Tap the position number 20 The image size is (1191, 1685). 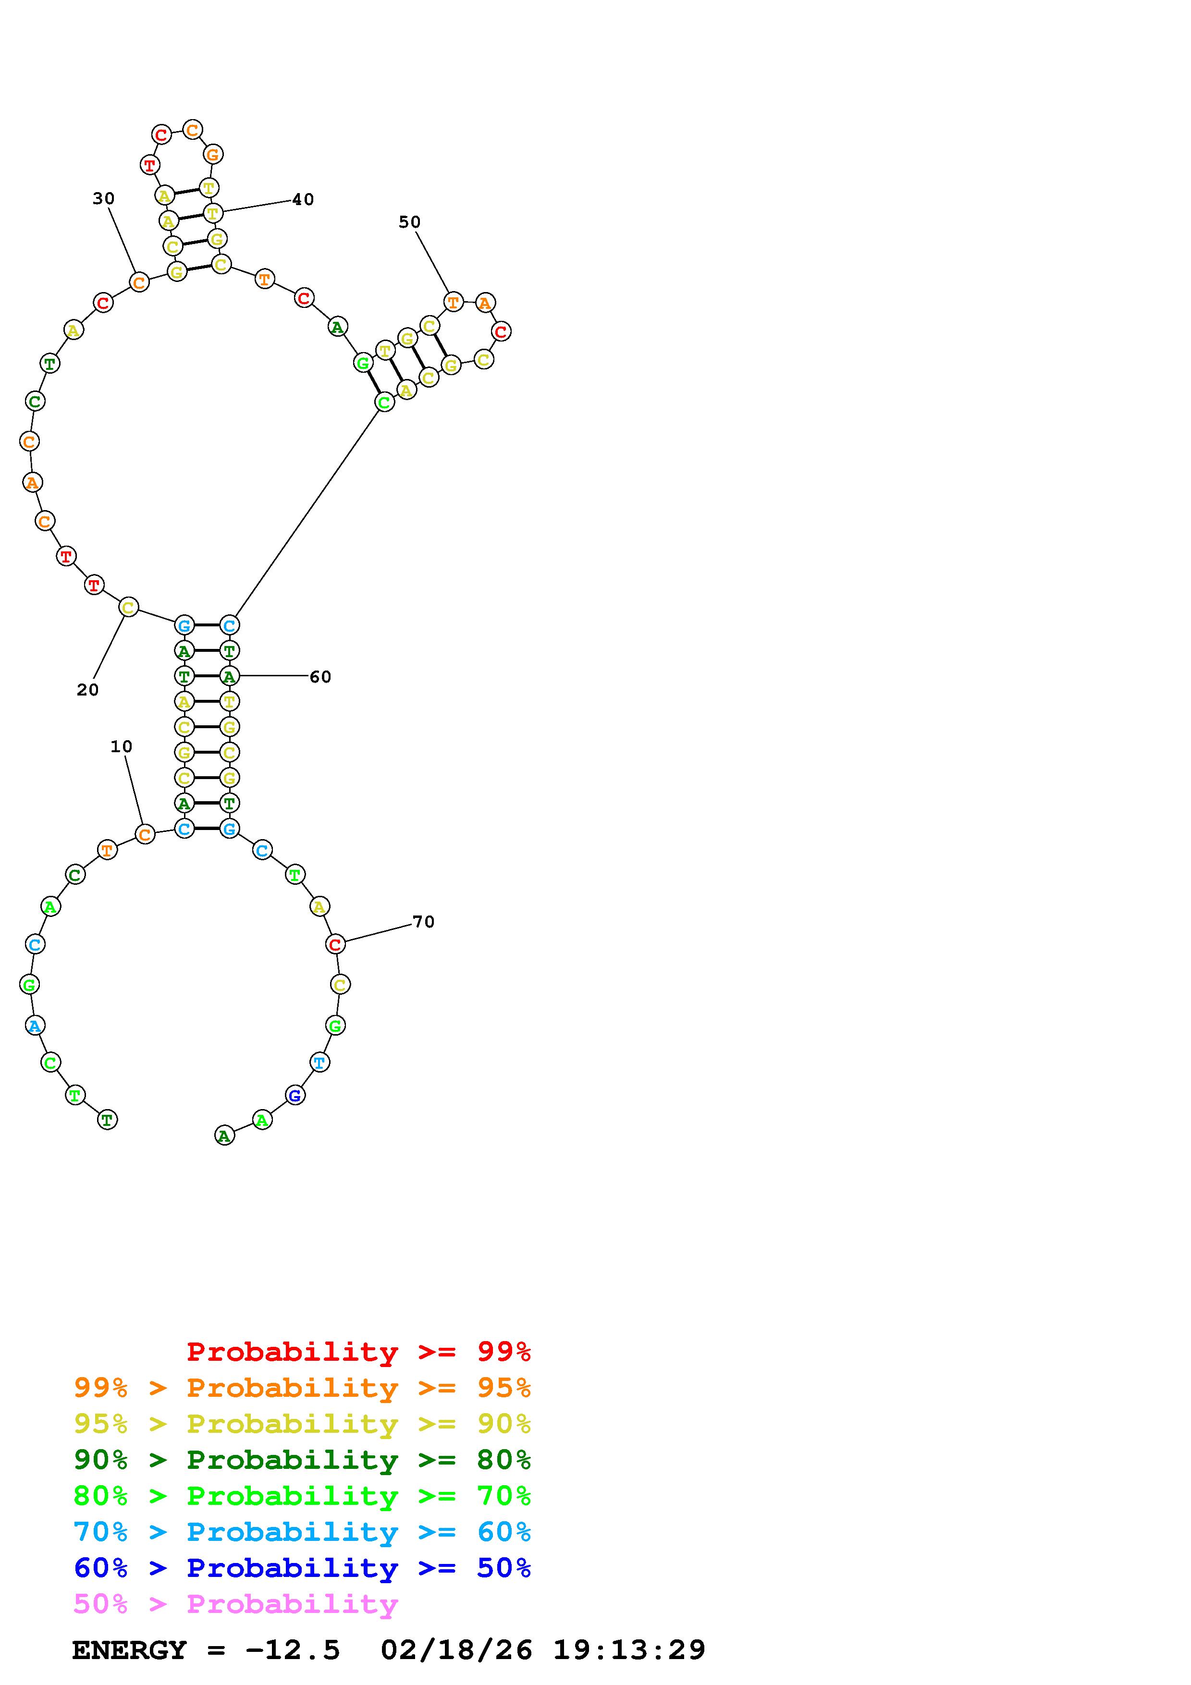click(87, 690)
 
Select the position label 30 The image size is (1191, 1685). click(103, 198)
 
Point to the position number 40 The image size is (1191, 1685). click(303, 200)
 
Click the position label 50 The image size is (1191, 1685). click(409, 221)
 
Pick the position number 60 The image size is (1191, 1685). click(320, 677)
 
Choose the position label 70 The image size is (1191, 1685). click(423, 922)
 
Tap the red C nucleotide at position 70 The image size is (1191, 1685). click(335, 944)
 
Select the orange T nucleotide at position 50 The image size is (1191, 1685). click(454, 302)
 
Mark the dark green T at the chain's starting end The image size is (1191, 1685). click(107, 1120)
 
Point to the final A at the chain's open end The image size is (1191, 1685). click(224, 1136)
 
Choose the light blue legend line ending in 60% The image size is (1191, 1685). click(302, 1532)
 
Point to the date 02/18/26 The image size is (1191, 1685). click(456, 1650)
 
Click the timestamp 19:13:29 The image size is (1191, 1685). click(629, 1650)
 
